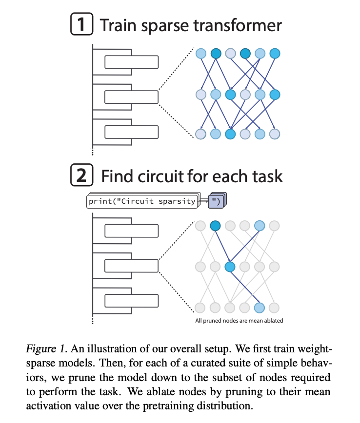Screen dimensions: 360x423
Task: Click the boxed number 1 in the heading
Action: point(82,24)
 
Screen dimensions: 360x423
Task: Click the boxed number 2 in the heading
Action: point(82,175)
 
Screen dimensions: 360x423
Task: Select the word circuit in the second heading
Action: point(161,176)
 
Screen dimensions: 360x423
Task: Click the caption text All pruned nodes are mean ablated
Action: point(239,321)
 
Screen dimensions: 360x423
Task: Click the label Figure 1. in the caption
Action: point(46,349)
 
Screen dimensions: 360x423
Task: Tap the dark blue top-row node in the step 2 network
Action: point(215,226)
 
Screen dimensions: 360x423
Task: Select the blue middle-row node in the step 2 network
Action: point(230,267)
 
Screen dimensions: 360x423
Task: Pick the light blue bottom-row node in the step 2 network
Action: point(259,308)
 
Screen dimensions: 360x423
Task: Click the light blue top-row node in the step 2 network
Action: point(260,226)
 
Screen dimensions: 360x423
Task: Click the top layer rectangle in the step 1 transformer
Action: point(132,62)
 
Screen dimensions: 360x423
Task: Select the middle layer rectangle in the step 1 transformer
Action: point(132,97)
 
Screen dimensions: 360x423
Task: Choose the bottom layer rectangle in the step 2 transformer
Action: point(132,301)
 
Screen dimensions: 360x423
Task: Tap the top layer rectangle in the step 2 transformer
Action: point(132,231)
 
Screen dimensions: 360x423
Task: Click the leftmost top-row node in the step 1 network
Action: point(201,54)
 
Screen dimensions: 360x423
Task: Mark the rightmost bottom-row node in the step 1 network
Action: point(275,134)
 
